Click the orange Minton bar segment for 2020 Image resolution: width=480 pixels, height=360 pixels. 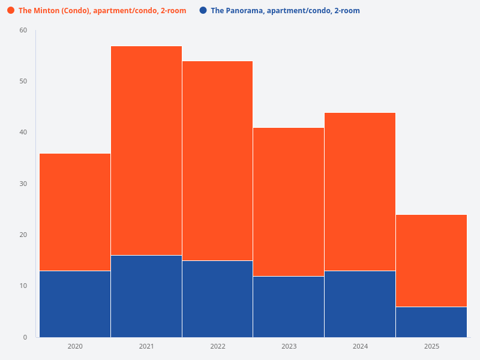click(75, 212)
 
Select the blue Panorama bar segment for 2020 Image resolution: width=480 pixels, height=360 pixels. click(75, 304)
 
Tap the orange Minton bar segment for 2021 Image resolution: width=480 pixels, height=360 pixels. click(146, 151)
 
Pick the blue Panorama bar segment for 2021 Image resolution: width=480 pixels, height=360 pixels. click(146, 296)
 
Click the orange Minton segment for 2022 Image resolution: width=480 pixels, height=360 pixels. click(217, 161)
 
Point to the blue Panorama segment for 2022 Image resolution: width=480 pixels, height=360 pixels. click(217, 299)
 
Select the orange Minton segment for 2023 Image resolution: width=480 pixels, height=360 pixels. click(289, 202)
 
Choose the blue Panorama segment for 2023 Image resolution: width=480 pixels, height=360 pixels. click(289, 306)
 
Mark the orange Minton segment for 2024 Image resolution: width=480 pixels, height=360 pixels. click(360, 191)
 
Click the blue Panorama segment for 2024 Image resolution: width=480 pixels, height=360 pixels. click(360, 304)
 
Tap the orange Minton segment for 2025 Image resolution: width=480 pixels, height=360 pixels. click(431, 260)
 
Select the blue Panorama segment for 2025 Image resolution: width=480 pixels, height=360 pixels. click(431, 322)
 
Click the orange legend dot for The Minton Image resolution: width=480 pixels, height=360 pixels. click(11, 10)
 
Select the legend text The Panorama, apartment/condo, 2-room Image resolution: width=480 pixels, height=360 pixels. click(285, 11)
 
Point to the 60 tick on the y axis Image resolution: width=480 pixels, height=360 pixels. click(23, 30)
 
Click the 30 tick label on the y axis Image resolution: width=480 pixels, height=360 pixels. click(23, 184)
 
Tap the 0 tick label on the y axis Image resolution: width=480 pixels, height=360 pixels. click(25, 337)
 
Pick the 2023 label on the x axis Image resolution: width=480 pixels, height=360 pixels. click(289, 346)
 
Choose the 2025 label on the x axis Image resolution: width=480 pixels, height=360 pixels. click(431, 346)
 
